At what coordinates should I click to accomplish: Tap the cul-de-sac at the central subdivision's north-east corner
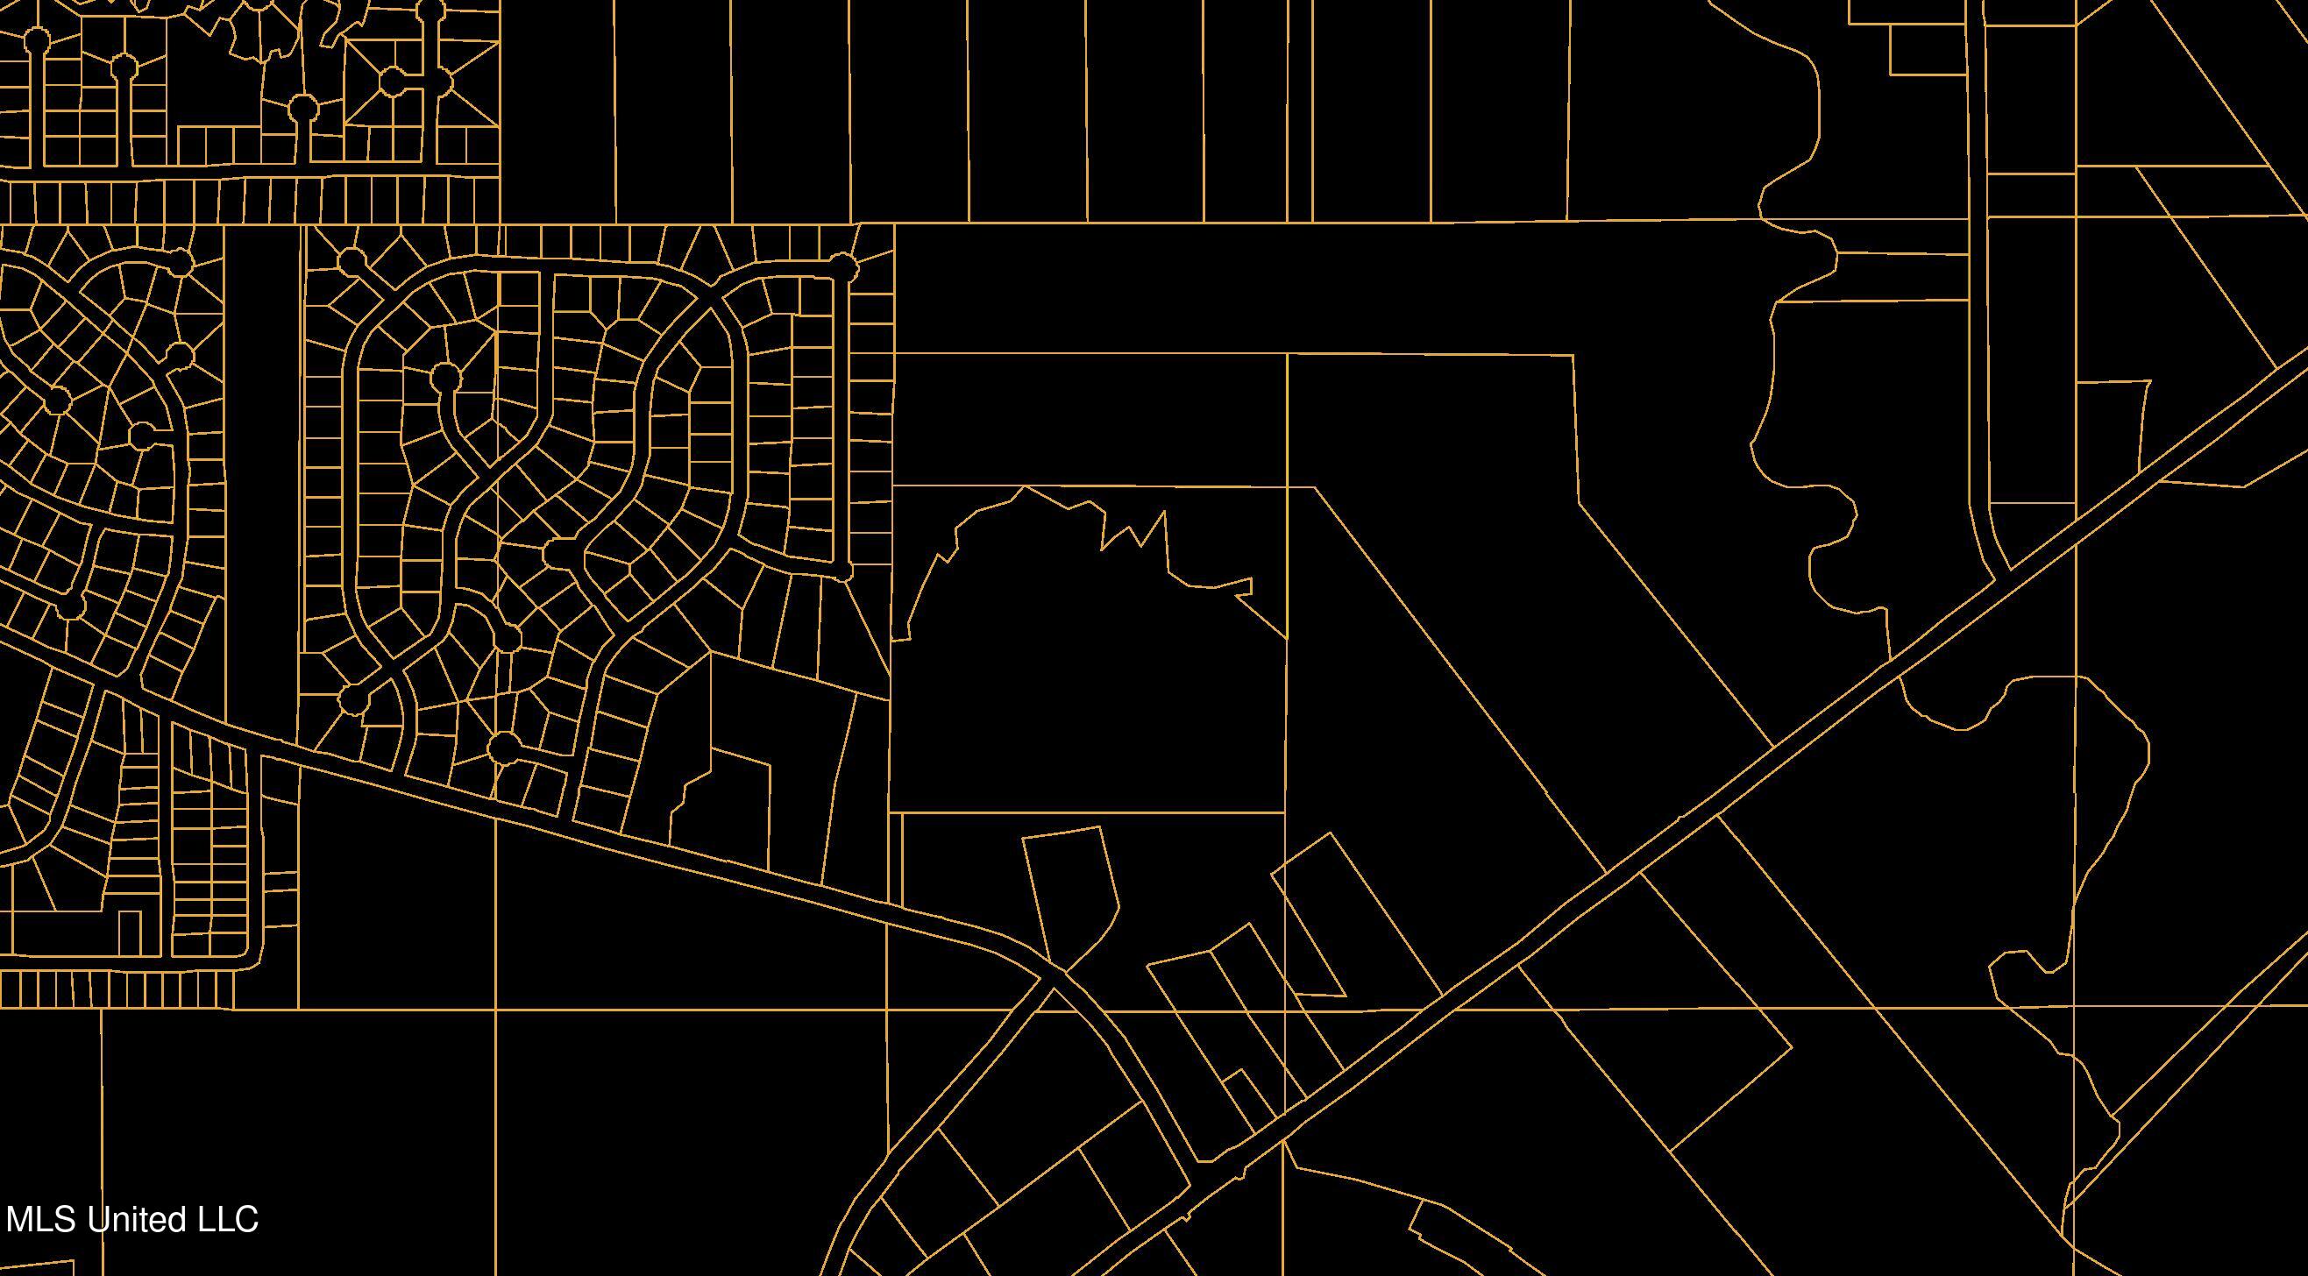(x=842, y=265)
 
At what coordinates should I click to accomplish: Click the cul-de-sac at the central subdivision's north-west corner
(x=352, y=261)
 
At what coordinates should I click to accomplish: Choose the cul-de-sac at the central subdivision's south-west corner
(x=353, y=697)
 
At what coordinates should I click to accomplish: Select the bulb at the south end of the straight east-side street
(x=842, y=571)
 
